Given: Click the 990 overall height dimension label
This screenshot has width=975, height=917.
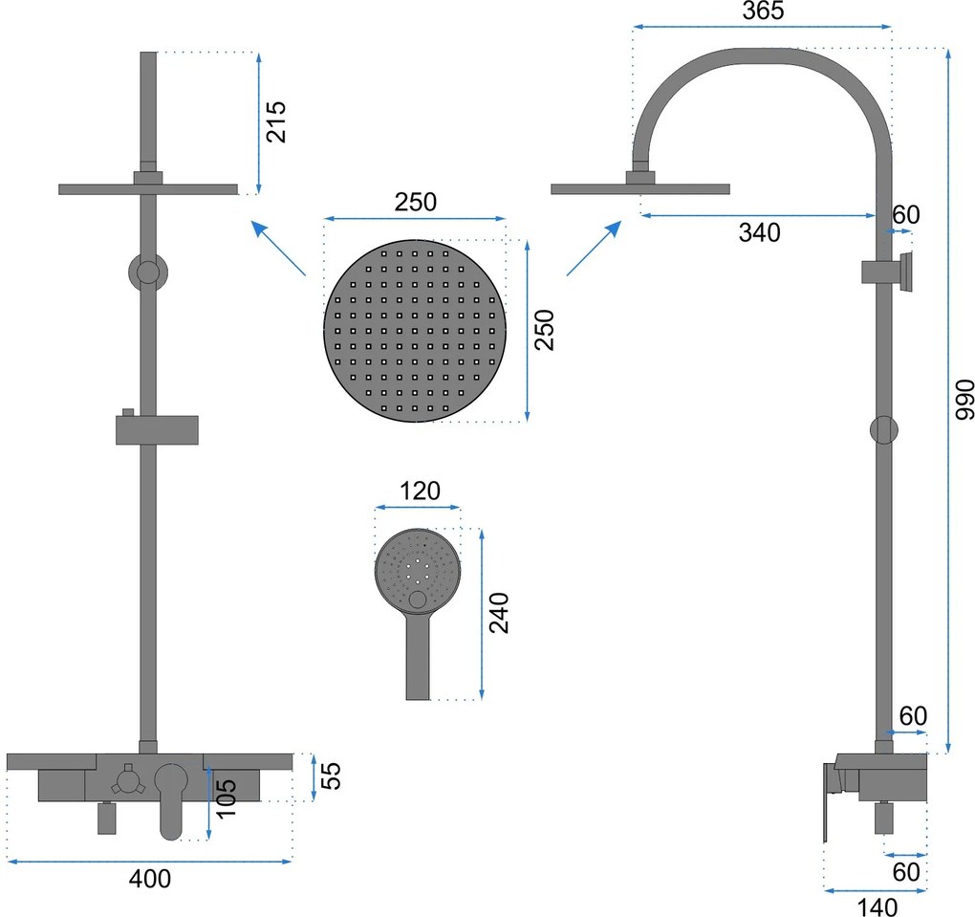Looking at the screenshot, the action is pos(964,400).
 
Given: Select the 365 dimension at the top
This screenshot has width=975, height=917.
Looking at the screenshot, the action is pos(763,11).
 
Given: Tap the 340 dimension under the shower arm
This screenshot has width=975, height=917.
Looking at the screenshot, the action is pos(759,232).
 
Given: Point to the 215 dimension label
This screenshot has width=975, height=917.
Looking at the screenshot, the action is pos(275,122).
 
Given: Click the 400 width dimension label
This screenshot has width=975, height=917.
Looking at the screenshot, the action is pos(150,879).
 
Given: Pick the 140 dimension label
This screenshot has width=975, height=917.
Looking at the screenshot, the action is pos(877,907).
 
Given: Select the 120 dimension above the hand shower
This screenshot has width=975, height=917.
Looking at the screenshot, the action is pos(420,491).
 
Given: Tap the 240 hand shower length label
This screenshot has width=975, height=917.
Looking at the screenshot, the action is pos(499,613).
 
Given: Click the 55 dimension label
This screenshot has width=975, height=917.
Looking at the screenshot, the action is pos(332,775).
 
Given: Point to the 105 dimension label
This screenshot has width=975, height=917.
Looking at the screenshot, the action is pos(227,798).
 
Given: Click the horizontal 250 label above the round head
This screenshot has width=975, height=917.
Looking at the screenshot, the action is pos(416,202).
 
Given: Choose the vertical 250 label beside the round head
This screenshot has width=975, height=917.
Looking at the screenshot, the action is pos(544,330).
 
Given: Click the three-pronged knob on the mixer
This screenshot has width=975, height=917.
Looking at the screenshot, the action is pos(128,780).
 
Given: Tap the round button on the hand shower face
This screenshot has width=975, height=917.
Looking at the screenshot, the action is pos(417,600).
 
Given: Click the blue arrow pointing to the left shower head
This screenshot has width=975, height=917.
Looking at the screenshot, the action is pos(278,248).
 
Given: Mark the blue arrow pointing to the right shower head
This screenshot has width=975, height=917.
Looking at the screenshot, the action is pos(594,249).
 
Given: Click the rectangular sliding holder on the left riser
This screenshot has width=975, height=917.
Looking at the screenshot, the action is pos(157,428).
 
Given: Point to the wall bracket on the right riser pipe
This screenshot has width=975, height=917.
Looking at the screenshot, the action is pos(887,272).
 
